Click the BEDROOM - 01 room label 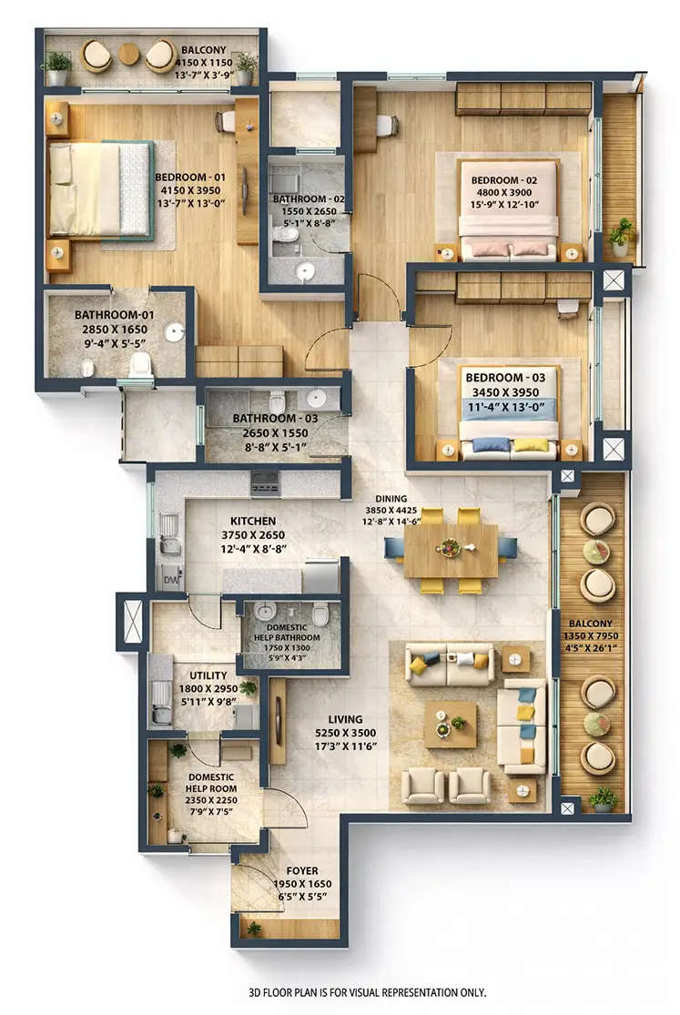[x=190, y=177]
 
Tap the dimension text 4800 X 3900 [x=505, y=194]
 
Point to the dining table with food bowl [x=451, y=549]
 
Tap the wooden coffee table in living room [x=451, y=724]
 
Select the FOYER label [x=302, y=869]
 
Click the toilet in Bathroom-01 [x=139, y=365]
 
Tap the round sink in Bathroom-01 [x=174, y=333]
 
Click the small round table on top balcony [x=129, y=56]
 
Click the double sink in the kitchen [x=168, y=534]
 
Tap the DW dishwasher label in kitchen [x=169, y=576]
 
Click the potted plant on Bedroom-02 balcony [x=621, y=236]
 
